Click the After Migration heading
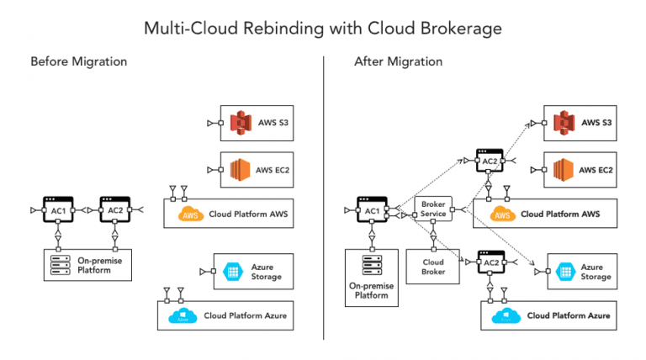pos(399,61)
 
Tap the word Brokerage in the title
pos(458,28)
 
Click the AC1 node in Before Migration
pos(57,210)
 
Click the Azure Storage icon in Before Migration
pos(232,271)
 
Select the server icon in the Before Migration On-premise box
pos(60,268)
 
